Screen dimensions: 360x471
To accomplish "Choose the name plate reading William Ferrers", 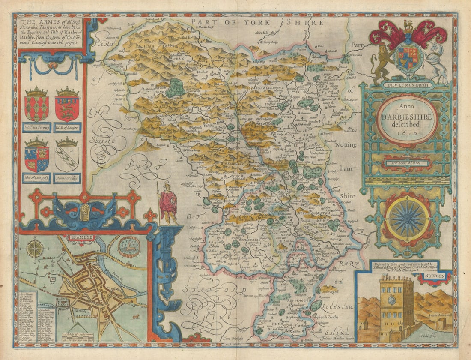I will point(36,127).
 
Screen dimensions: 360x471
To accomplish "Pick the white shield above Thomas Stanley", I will point(66,158).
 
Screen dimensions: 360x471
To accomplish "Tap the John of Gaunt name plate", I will point(36,178).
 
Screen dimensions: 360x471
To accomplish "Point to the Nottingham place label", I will point(345,145).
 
